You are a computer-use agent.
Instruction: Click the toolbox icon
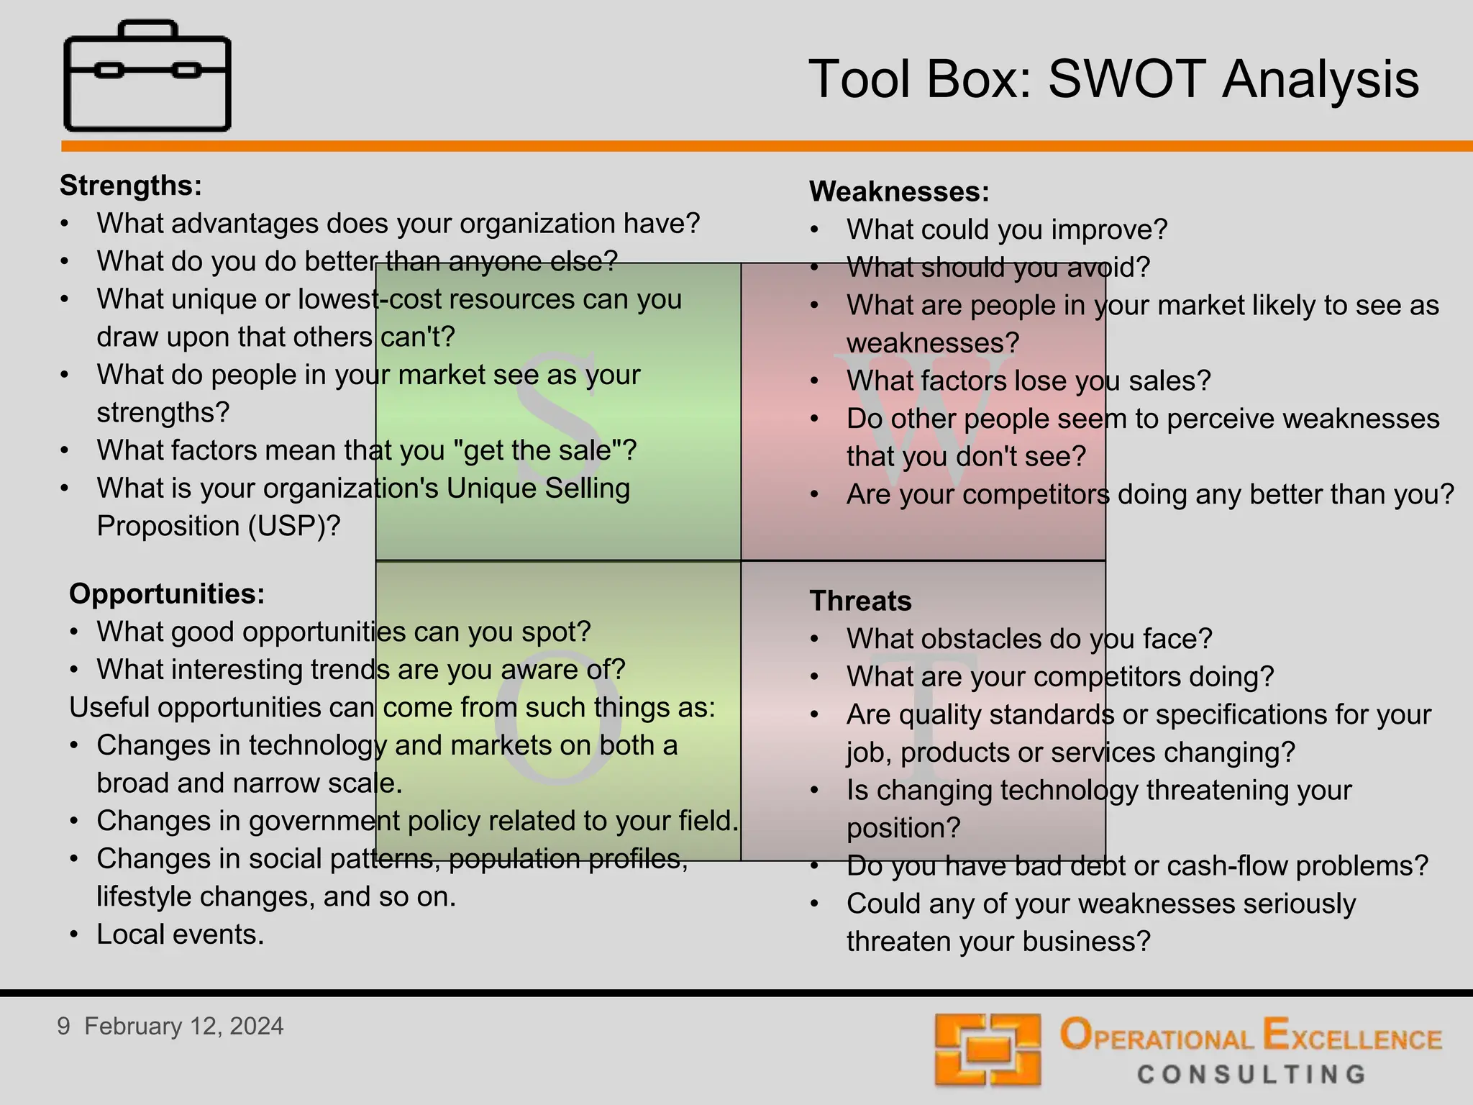click(147, 76)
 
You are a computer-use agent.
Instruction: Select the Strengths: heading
click(131, 186)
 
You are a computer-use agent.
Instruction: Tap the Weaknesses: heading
click(899, 192)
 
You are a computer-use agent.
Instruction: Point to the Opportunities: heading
click(167, 594)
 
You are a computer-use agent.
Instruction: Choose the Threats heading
click(860, 601)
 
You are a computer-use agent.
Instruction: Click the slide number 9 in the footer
click(64, 1027)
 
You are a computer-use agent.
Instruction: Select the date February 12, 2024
click(184, 1027)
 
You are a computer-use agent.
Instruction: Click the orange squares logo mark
click(988, 1050)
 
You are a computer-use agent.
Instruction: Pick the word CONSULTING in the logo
click(1251, 1075)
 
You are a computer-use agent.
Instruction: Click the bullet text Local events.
click(181, 935)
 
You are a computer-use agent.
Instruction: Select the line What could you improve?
click(1007, 230)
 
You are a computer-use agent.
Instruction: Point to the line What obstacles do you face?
click(1029, 640)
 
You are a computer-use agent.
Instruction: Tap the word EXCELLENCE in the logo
click(1352, 1037)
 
